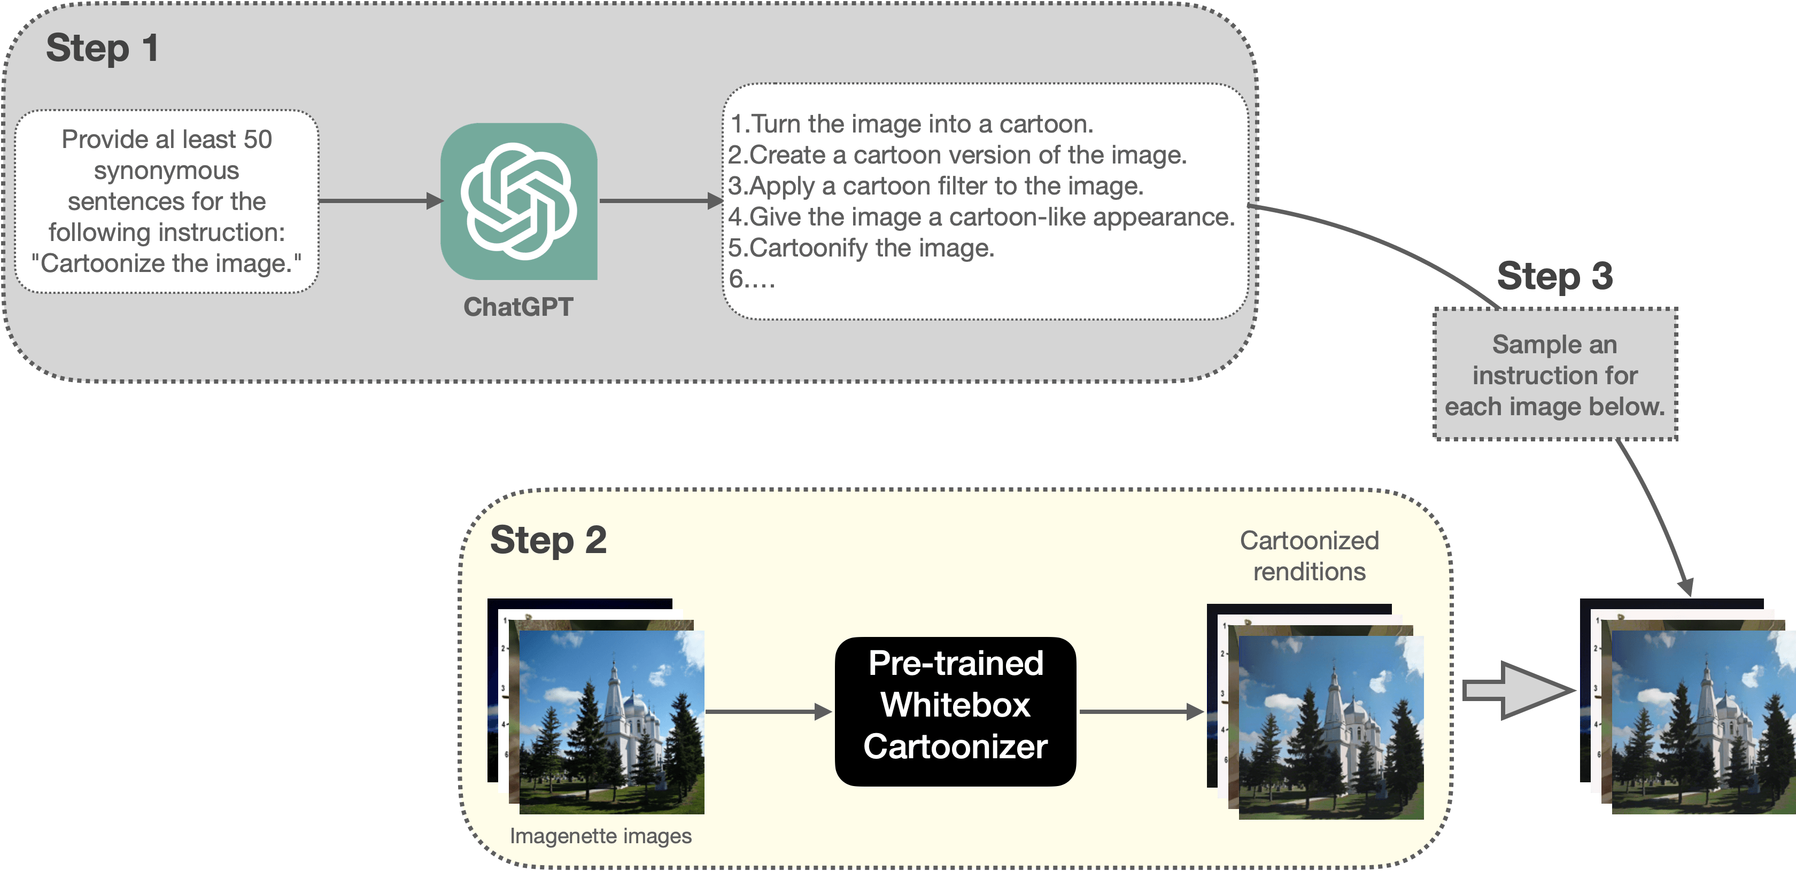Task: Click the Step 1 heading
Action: coord(103,49)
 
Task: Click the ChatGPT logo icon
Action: coord(518,201)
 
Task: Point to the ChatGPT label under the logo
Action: coord(518,307)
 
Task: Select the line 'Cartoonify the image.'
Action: coord(861,248)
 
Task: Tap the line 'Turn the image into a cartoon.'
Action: coord(912,124)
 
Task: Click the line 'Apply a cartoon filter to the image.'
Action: coord(935,186)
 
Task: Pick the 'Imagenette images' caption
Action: coord(600,835)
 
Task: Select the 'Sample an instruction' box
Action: coord(1555,375)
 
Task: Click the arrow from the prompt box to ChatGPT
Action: coord(380,201)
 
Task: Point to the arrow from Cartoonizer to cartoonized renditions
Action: coord(1141,711)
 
